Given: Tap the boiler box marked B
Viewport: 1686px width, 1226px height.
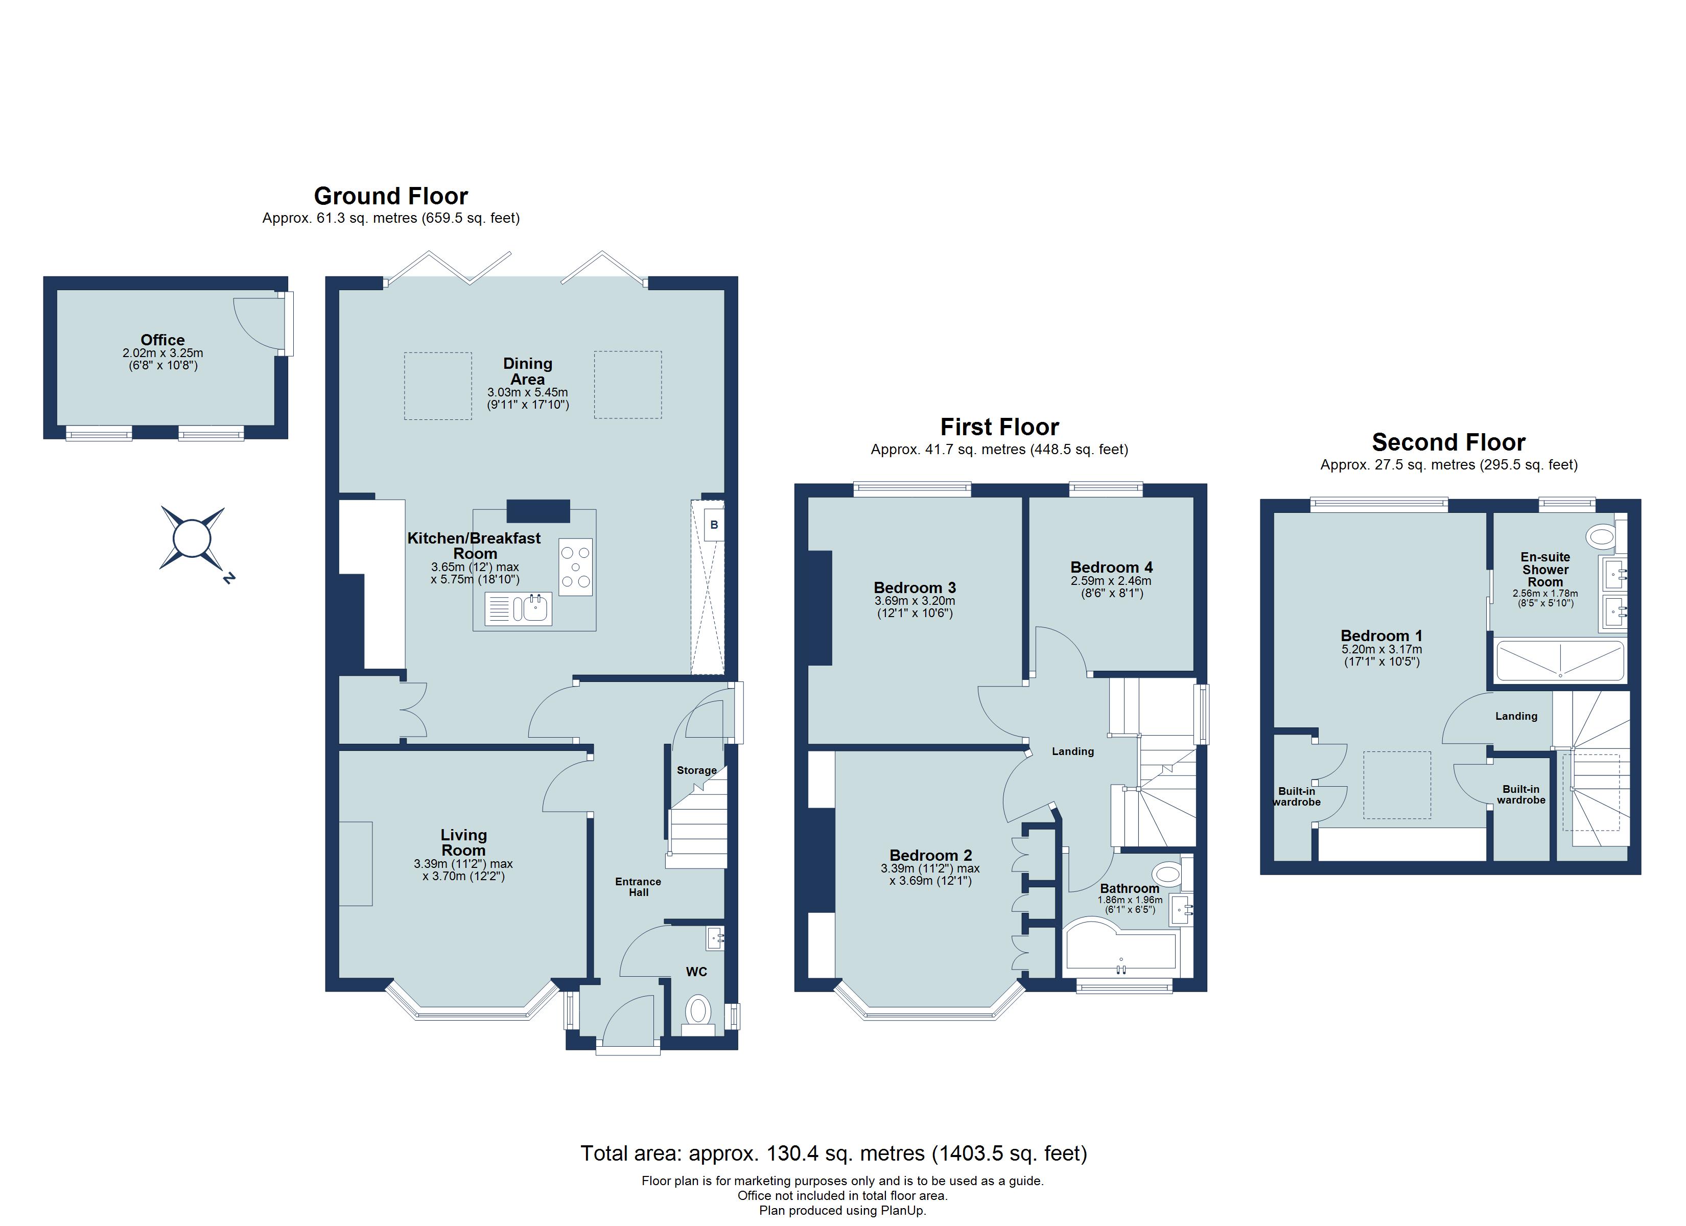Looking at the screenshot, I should [714, 525].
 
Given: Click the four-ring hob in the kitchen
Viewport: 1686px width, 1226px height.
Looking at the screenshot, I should [575, 567].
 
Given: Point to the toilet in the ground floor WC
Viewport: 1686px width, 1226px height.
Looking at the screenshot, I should [698, 1011].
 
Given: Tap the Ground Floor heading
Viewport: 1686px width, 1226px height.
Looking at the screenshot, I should [390, 196].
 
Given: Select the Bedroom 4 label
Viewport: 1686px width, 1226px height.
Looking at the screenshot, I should [1111, 567].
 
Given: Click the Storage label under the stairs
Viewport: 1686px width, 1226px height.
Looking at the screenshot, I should [696, 770].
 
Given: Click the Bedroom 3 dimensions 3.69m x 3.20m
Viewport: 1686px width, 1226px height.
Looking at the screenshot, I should [915, 601].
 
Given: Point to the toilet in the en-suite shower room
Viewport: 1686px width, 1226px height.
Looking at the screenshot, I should [1602, 535].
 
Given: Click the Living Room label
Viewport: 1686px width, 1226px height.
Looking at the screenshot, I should [463, 842].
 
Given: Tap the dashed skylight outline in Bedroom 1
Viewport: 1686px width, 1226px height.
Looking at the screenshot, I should [1396, 785].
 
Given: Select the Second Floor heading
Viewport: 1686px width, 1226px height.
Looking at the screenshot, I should [1448, 442].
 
